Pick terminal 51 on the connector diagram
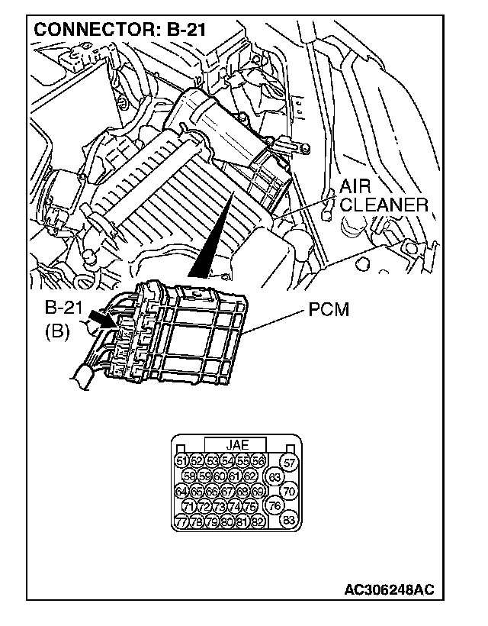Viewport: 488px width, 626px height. [181, 460]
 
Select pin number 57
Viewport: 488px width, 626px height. [289, 462]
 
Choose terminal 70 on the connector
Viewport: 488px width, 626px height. [289, 492]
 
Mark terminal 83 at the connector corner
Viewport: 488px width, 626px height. [289, 521]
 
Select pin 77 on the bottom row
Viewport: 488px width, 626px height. [181, 522]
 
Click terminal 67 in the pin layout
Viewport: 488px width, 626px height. [226, 492]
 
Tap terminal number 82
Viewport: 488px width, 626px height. [258, 522]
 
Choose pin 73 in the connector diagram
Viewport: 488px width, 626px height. [219, 507]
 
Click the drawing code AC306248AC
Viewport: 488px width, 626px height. [389, 590]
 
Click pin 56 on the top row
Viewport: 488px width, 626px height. [258, 460]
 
